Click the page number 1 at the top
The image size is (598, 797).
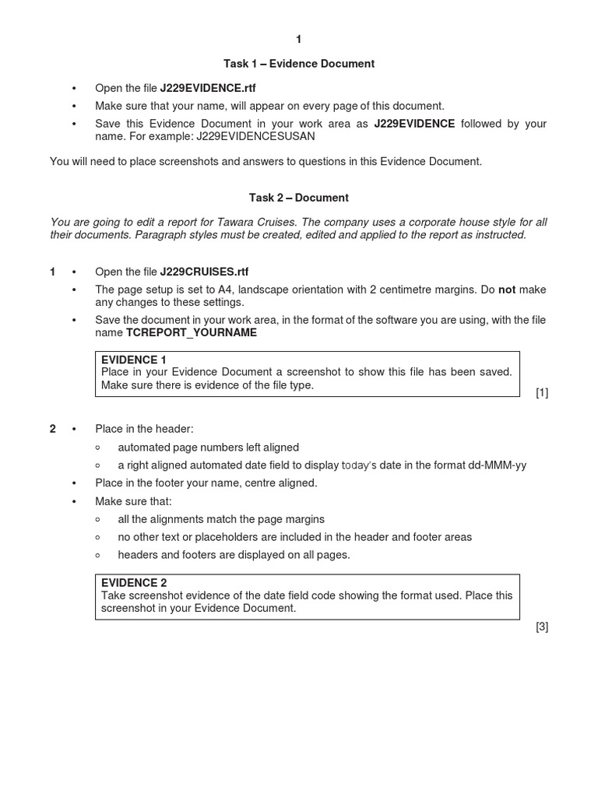(x=298, y=40)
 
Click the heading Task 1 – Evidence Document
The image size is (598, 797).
(x=298, y=64)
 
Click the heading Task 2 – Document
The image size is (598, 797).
(x=298, y=198)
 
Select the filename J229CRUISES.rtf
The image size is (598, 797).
(x=204, y=272)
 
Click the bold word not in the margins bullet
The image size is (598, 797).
(x=507, y=290)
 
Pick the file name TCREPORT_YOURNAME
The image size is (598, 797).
(x=192, y=332)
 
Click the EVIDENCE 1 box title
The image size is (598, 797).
(x=134, y=360)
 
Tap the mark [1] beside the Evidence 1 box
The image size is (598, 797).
(x=542, y=393)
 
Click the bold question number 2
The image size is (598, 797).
(x=53, y=429)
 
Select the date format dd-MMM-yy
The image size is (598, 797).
(x=497, y=465)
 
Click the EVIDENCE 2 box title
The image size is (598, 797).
(x=134, y=583)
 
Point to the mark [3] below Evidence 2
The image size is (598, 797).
(x=542, y=627)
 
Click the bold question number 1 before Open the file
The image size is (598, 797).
(x=53, y=272)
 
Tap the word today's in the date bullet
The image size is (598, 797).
(x=359, y=465)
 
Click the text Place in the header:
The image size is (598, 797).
(x=144, y=429)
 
